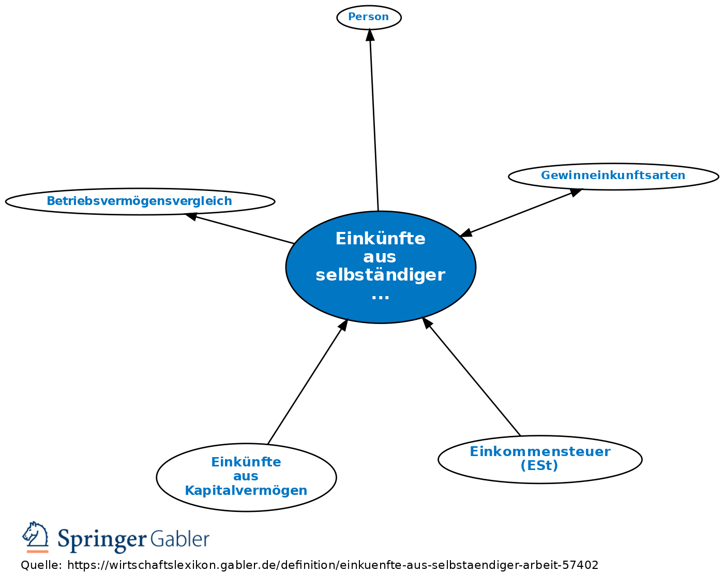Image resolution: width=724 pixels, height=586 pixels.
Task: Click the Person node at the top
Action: pyautogui.click(x=369, y=18)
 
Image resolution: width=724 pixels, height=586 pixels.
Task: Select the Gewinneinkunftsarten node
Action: pyautogui.click(x=613, y=177)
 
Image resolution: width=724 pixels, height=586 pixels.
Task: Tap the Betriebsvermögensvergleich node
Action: pyautogui.click(x=140, y=201)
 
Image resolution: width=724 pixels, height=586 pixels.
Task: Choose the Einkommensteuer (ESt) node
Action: pyautogui.click(x=540, y=459)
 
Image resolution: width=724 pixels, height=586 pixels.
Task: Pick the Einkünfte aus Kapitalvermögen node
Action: pyautogui.click(x=247, y=477)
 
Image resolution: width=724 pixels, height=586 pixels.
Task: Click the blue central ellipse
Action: pyautogui.click(x=381, y=267)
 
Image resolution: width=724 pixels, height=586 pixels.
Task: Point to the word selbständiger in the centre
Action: pyautogui.click(x=380, y=275)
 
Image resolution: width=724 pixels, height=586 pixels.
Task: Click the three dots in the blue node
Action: pyautogui.click(x=380, y=297)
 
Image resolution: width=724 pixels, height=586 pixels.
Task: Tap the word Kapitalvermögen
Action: pyautogui.click(x=246, y=491)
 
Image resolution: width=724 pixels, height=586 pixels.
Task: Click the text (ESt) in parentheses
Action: pyautogui.click(x=539, y=465)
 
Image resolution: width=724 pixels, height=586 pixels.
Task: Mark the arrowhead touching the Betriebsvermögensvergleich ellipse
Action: pyautogui.click(x=190, y=216)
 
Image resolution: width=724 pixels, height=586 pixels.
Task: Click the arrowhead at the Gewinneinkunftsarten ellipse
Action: pyautogui.click(x=576, y=193)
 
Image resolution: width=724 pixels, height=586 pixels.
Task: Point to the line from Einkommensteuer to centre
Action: pyautogui.click(x=471, y=376)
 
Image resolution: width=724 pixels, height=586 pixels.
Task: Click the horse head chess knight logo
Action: pyautogui.click(x=36, y=537)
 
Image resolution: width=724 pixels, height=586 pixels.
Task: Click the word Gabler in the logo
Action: pyautogui.click(x=180, y=538)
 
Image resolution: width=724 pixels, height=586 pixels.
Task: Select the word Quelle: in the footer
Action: pyautogui.click(x=41, y=565)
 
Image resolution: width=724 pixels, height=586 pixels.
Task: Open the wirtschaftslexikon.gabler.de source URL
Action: pyautogui.click(x=333, y=565)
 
